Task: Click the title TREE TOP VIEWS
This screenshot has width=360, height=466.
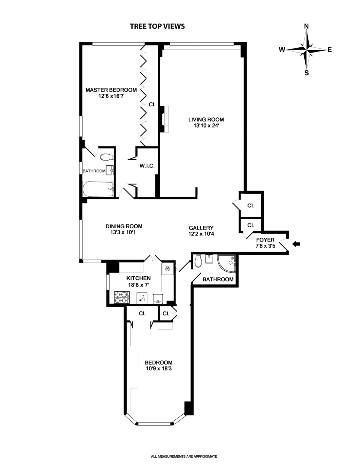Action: click(x=157, y=26)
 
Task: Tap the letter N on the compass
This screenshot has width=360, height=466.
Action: click(x=306, y=26)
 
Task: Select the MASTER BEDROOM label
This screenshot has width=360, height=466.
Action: click(x=111, y=90)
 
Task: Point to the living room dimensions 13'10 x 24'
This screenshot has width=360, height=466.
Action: click(x=206, y=126)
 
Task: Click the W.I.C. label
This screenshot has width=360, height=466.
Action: click(x=147, y=166)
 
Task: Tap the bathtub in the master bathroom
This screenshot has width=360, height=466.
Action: click(x=98, y=189)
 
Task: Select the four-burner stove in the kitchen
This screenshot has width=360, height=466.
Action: click(x=121, y=298)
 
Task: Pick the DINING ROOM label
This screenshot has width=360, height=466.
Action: click(x=124, y=226)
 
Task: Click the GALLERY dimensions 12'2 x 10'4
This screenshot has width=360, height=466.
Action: click(x=201, y=234)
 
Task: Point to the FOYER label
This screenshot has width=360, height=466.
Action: click(x=265, y=240)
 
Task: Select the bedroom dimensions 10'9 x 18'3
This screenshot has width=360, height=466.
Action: click(x=159, y=368)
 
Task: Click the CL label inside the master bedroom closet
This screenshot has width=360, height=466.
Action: click(x=152, y=104)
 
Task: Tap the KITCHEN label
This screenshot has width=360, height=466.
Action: click(x=138, y=278)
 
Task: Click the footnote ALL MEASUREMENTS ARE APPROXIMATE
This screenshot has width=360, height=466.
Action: click(x=184, y=456)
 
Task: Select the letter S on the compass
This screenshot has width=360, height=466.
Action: click(x=306, y=73)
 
